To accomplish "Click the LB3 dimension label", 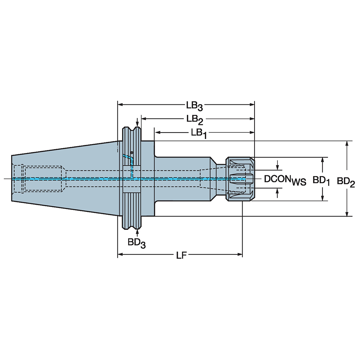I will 194,106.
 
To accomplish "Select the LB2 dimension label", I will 194,119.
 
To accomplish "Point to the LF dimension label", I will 181,255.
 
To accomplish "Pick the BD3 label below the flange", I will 137,243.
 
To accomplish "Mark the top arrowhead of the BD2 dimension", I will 347,143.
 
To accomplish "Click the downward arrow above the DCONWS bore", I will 277,166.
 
